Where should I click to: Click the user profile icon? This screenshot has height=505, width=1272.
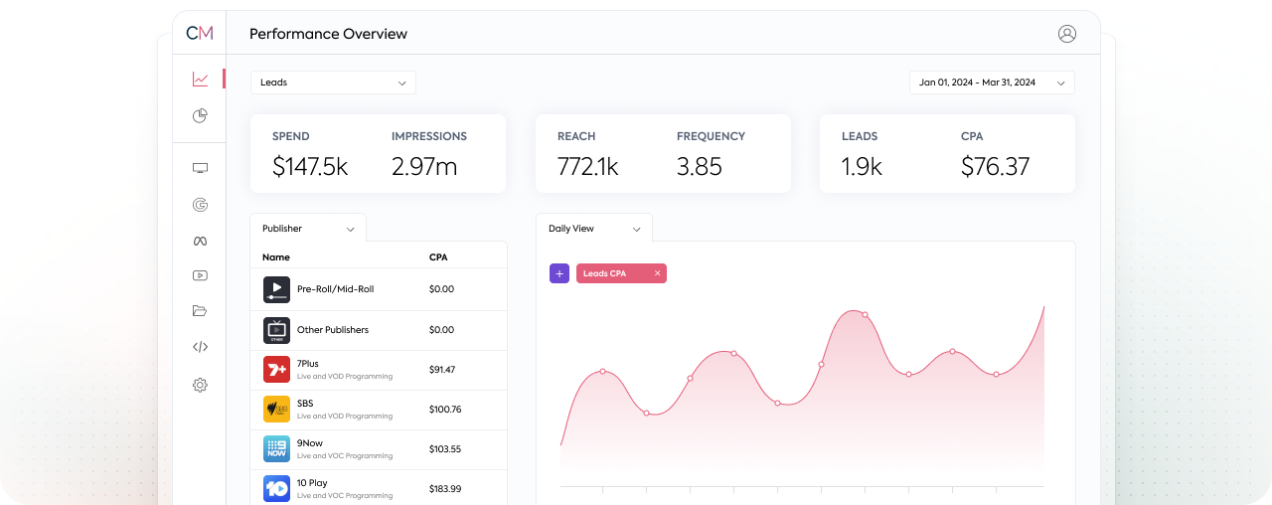(x=1067, y=34)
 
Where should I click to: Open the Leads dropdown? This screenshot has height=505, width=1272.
(x=333, y=83)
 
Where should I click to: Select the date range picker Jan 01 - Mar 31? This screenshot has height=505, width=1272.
(x=991, y=83)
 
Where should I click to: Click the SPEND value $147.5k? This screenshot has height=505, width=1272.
(x=310, y=166)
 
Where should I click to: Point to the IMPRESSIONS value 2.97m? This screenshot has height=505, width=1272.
(x=424, y=166)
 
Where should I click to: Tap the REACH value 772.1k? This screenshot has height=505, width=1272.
(x=587, y=166)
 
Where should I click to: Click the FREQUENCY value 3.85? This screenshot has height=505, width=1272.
(x=699, y=166)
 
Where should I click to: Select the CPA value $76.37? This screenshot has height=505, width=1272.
(x=995, y=166)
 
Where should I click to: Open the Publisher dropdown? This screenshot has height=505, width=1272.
(x=308, y=229)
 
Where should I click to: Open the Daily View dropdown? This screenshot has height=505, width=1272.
(x=594, y=229)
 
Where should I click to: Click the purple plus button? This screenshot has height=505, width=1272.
(x=559, y=273)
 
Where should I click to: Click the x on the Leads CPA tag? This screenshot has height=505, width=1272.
(x=657, y=273)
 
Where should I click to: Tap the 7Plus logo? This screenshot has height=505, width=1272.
(x=276, y=370)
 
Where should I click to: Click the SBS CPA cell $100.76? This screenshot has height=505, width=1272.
(x=445, y=410)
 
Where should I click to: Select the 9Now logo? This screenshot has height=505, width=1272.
(x=276, y=449)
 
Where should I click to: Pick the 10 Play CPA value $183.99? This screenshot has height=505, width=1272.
(x=445, y=489)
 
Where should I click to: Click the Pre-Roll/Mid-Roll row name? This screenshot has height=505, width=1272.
(x=335, y=289)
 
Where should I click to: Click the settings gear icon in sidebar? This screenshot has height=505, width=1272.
(x=200, y=385)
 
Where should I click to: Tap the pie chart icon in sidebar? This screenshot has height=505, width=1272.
(x=200, y=116)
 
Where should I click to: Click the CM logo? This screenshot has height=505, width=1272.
(x=200, y=33)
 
